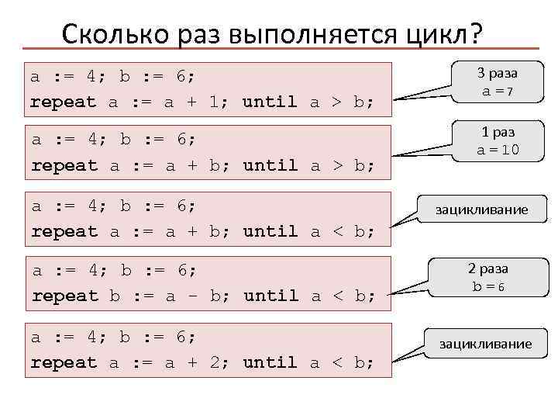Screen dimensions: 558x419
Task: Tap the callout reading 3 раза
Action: pos(497,73)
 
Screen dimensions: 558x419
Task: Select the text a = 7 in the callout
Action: pos(497,91)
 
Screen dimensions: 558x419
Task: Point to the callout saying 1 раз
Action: pos(497,133)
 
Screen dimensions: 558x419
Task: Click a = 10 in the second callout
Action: pos(497,151)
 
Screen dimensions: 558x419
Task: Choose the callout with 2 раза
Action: pos(487,268)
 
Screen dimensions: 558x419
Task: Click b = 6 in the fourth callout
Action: pos(487,286)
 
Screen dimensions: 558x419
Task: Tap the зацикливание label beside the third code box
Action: pos(481,209)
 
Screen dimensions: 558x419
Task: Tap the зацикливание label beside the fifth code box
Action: pos(486,343)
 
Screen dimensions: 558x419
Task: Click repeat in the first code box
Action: pos(63,102)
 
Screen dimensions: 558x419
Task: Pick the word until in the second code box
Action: pos(270,165)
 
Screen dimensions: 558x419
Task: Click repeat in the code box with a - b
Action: pos(63,296)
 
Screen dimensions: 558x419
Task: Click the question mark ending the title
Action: pos(474,34)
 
